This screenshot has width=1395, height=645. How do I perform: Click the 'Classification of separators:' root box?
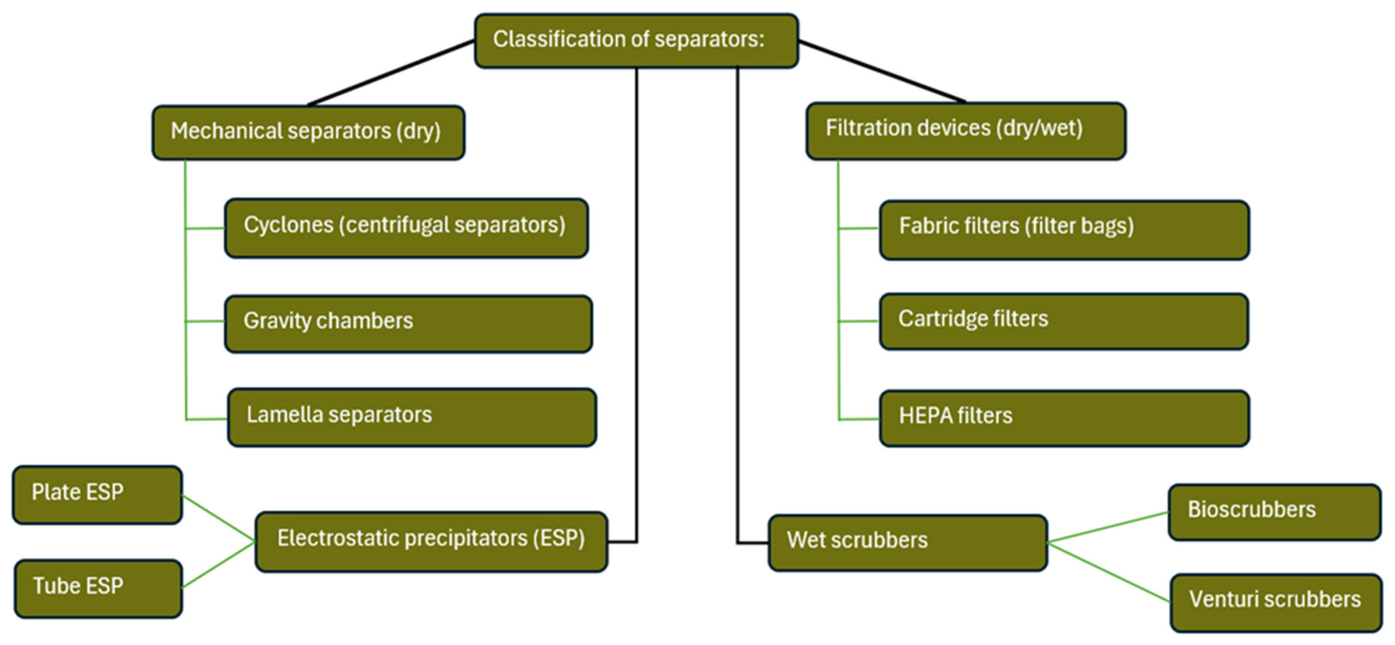(636, 41)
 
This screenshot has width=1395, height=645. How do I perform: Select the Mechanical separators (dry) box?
(308, 133)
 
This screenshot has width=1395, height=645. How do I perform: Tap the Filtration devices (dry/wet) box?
(966, 131)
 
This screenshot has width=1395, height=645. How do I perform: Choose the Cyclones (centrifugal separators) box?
(407, 228)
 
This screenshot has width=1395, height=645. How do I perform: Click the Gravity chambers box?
(408, 324)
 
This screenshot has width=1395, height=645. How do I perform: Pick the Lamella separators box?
(412, 417)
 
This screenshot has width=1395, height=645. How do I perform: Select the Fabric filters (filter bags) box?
(1065, 230)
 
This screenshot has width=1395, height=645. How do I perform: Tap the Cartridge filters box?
(1064, 322)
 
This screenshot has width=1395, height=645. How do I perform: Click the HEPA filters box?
(1065, 418)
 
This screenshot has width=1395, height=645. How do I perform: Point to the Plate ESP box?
(97, 495)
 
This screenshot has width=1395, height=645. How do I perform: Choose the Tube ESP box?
(98, 589)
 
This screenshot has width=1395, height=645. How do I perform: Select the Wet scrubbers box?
(908, 543)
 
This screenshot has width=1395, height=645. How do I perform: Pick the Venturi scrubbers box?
(1276, 603)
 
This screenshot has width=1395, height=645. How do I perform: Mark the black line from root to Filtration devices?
(882, 71)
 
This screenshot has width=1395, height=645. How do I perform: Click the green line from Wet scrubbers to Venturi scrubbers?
(1109, 572)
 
